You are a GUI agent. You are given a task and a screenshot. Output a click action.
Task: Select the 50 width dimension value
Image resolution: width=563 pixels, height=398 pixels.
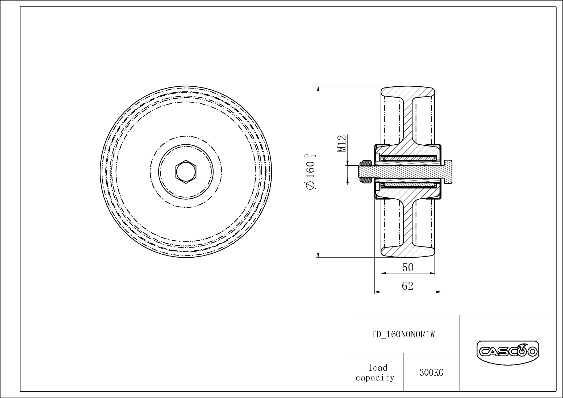point(408,267)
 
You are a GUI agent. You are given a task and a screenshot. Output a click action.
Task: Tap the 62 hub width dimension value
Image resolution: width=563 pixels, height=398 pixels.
point(407,286)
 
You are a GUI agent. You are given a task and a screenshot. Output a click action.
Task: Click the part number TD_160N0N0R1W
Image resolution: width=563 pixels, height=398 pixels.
point(403,334)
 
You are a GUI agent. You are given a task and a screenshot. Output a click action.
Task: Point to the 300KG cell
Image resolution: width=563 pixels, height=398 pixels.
point(431,373)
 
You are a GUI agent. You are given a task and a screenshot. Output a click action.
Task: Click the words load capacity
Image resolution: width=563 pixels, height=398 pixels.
point(375,373)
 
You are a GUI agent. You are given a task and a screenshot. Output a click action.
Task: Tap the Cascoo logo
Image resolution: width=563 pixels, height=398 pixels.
point(507,352)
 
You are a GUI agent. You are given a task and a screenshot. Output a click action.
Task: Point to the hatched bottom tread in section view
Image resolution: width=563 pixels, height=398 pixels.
point(408,251)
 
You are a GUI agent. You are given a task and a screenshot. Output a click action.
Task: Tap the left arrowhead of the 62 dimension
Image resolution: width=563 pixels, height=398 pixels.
point(376,292)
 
